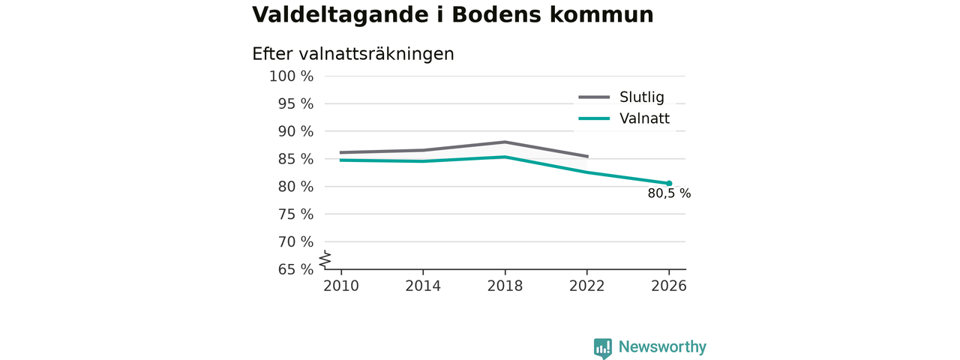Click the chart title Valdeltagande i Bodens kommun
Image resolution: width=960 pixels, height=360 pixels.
(452, 14)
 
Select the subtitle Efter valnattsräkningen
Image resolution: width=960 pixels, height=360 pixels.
(352, 54)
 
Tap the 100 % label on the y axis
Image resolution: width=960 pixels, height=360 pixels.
(292, 76)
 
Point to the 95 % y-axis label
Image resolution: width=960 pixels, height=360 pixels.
(295, 103)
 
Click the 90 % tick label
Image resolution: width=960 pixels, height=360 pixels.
(295, 131)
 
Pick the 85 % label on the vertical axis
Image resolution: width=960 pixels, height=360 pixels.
(295, 159)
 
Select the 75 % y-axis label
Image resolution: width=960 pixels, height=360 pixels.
(295, 214)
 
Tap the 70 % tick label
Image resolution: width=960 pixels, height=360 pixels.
(295, 241)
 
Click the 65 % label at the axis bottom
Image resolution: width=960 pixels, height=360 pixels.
(295, 269)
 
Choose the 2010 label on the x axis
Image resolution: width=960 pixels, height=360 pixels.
(341, 286)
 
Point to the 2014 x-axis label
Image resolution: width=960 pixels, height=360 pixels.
(423, 286)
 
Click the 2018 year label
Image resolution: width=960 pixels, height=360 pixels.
(505, 286)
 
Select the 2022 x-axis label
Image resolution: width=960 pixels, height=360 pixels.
(586, 286)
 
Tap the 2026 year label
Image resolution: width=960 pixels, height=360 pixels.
(668, 286)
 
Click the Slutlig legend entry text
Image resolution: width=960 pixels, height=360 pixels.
(641, 97)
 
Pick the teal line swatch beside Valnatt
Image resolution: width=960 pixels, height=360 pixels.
(594, 118)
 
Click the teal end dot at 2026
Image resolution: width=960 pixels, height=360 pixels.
(669, 184)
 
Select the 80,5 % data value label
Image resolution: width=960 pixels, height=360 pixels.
(669, 193)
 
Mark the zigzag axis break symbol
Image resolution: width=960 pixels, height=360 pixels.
(325, 259)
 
